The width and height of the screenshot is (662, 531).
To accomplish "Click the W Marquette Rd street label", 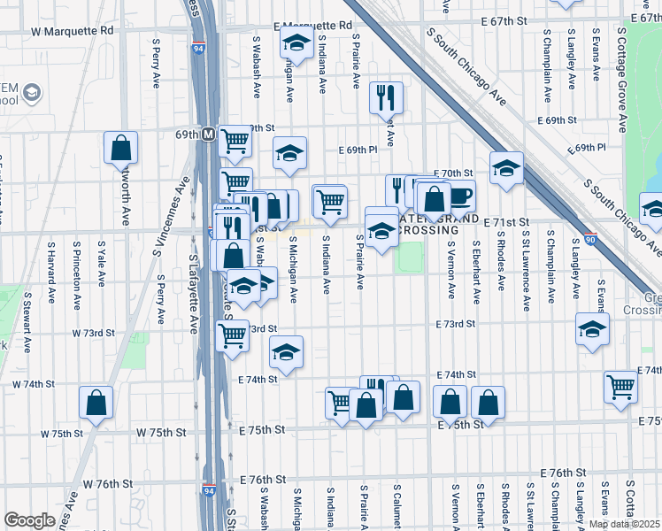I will click(x=72, y=30).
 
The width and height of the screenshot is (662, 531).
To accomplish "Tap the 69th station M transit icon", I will click(x=209, y=135).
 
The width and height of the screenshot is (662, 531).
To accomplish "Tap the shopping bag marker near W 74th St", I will click(x=96, y=403).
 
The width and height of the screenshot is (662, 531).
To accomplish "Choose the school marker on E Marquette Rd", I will click(x=296, y=42).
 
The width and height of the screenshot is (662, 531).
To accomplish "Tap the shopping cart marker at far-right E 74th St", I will click(x=621, y=386).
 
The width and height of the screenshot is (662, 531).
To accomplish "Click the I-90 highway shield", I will click(x=590, y=238).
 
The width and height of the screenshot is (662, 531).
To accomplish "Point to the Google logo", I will click(x=29, y=520).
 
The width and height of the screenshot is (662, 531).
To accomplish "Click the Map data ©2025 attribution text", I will click(x=623, y=524).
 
